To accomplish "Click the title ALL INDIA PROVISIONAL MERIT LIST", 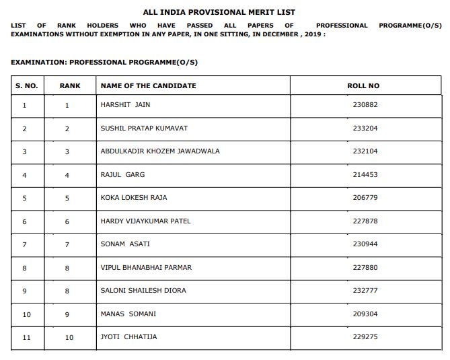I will coord(219,12).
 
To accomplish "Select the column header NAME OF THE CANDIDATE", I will coord(148,85).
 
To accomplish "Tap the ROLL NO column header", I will coord(363,85).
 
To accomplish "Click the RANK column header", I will coord(70,85).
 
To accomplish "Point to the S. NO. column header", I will coord(27,85).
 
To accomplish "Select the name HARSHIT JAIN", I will coord(126,105).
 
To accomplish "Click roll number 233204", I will coord(365,128).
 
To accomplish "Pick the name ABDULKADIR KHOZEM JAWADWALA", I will coord(160,151).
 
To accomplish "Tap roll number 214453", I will coord(365,174).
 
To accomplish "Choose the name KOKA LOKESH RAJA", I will coord(134,198).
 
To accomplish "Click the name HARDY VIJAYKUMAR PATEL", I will coord(146,221).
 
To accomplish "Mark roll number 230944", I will coord(365,244).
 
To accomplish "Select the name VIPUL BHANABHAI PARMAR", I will coord(146,267).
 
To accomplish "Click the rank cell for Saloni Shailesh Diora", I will coord(67,291).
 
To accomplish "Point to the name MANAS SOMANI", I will coord(128,314).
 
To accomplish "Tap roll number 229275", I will coord(365,336).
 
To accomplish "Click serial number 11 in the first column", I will coord(26,337).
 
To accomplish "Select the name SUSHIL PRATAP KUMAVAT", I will coord(144,128).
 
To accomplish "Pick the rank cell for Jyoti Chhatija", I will coord(69,337).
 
